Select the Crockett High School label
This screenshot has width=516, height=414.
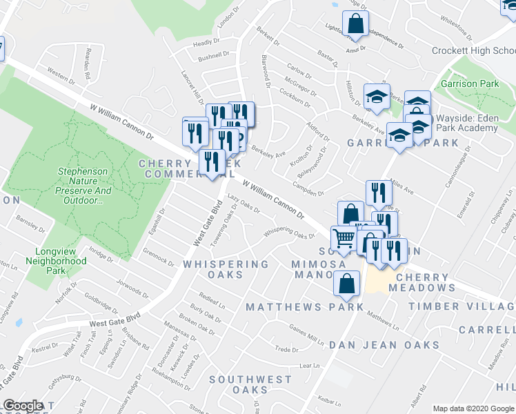[473, 50]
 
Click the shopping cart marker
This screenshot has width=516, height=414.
[343, 239]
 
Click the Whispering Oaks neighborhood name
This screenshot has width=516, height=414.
[225, 269]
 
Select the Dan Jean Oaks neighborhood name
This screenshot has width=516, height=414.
[384, 344]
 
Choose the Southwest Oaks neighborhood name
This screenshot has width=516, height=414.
[250, 384]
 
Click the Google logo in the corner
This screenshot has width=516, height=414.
[23, 406]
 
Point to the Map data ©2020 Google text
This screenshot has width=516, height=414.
[473, 408]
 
